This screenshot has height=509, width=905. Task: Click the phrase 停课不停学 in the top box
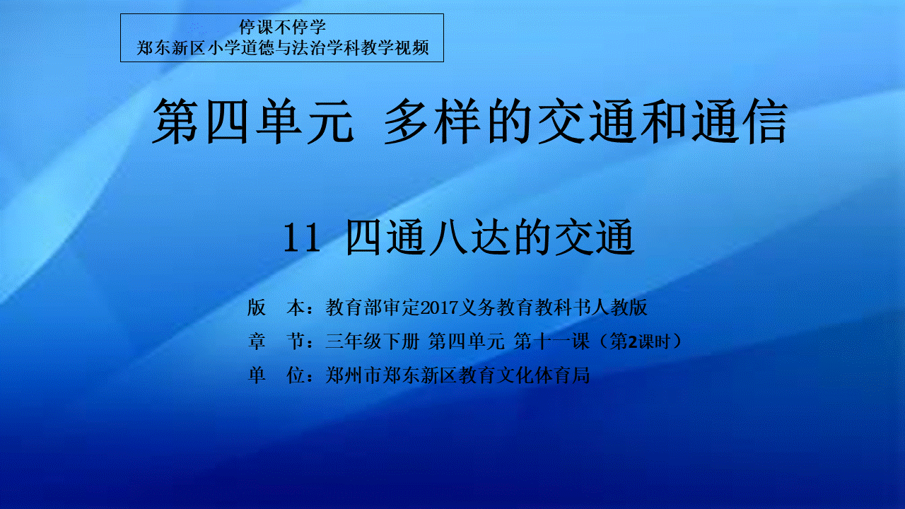(x=282, y=27)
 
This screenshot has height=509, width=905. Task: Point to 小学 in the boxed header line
(x=224, y=48)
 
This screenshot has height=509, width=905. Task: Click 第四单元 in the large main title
(x=253, y=121)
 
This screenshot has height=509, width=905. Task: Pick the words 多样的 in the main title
(x=457, y=121)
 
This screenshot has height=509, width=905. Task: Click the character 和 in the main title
(x=664, y=121)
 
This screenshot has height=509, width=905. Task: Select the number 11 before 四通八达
(x=302, y=238)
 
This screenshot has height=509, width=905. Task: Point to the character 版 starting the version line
(x=257, y=308)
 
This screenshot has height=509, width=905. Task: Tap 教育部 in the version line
(x=354, y=308)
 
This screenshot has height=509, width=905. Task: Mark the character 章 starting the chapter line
(x=257, y=341)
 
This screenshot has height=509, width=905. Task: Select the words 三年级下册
(x=373, y=341)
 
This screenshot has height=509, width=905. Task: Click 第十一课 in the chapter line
(x=551, y=341)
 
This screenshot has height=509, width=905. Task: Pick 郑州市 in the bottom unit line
(x=354, y=375)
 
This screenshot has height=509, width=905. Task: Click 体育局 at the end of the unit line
(x=561, y=375)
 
